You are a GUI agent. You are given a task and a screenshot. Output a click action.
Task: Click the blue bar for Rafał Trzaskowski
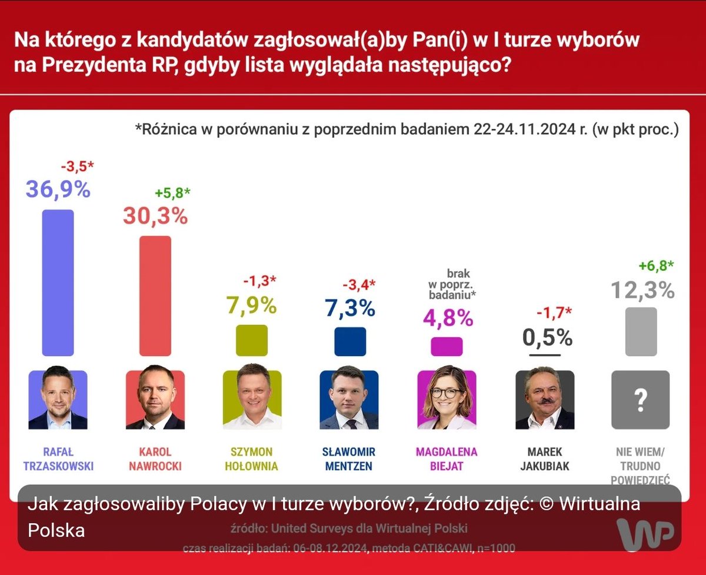58,282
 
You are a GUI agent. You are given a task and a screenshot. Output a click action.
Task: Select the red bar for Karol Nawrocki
155,296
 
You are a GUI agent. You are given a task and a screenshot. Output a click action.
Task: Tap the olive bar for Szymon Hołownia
252,341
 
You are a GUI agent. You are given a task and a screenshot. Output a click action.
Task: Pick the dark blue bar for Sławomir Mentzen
350,342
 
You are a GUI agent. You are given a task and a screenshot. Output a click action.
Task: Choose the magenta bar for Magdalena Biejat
447,347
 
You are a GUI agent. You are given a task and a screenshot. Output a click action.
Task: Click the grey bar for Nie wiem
641,331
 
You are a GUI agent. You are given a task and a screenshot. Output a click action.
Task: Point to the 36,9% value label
58,190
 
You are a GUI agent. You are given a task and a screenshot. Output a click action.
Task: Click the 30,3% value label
155,216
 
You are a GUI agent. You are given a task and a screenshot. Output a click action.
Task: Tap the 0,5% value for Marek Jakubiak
547,337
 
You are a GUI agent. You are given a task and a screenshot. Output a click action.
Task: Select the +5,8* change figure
173,193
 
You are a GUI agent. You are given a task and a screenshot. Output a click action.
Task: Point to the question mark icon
641,400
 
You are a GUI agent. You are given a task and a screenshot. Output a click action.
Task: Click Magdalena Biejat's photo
447,400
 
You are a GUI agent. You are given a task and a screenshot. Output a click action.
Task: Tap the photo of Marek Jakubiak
544,400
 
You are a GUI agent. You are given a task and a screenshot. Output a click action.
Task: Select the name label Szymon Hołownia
252,460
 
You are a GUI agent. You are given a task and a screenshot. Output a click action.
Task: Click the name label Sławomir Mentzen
349,460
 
